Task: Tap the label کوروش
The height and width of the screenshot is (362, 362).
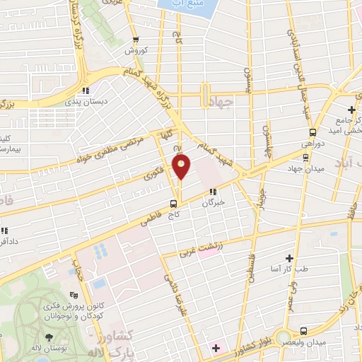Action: pyautogui.click(x=135, y=51)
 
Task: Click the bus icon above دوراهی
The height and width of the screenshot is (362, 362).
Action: pyautogui.click(x=311, y=132)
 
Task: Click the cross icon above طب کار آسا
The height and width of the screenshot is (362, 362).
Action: pyautogui.click(x=288, y=259)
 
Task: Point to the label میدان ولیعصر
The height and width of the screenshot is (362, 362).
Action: pyautogui.click(x=303, y=342)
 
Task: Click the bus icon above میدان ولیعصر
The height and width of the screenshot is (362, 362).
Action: pyautogui.click(x=303, y=331)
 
